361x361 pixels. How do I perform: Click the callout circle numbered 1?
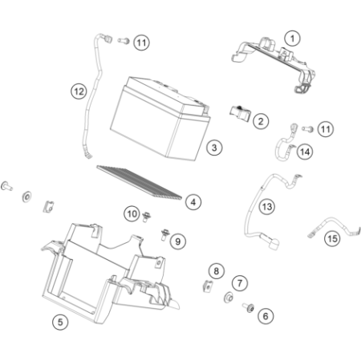(x=292, y=39)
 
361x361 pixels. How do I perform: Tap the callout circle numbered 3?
(x=214, y=148)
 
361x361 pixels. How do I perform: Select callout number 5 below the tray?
(x=60, y=322)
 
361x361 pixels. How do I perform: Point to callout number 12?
(x=79, y=91)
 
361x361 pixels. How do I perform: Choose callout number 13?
(x=267, y=207)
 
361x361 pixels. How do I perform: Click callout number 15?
(x=332, y=238)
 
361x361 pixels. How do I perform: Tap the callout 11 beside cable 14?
(x=326, y=129)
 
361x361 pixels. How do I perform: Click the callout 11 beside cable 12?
(x=141, y=43)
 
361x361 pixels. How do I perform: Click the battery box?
(x=160, y=119)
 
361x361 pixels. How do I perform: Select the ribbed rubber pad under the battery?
(x=140, y=182)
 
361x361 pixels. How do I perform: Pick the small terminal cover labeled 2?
(x=241, y=113)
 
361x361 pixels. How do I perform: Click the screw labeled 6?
(x=249, y=308)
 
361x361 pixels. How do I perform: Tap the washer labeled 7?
(x=228, y=298)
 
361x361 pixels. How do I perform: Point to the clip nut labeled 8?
(x=208, y=286)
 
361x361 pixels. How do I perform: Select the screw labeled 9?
(x=164, y=234)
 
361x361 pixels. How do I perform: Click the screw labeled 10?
(x=146, y=217)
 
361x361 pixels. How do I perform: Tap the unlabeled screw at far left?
(x=6, y=186)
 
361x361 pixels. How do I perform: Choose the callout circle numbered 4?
(x=193, y=202)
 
